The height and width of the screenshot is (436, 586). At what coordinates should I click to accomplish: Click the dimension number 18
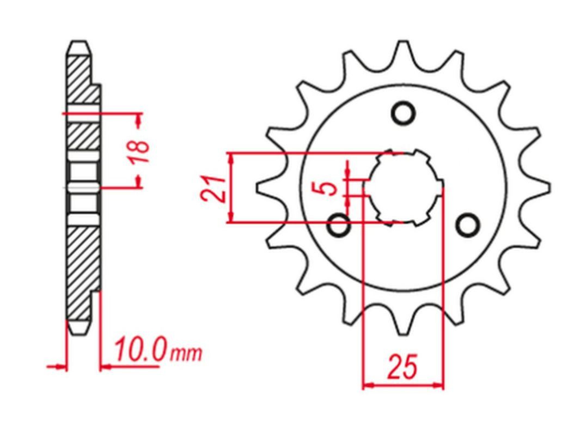[x=140, y=152]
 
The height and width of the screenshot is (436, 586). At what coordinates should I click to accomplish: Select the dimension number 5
[x=329, y=189]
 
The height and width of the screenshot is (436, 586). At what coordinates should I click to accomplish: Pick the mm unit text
[x=186, y=353]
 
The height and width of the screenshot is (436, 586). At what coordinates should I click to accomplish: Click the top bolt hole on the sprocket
[x=403, y=113]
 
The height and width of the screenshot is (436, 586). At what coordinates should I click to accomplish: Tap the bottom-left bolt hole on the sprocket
[x=339, y=226]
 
